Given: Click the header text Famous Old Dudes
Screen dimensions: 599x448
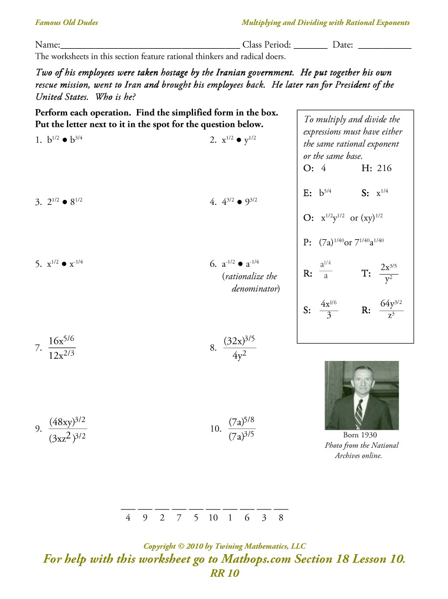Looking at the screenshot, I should (x=66, y=23).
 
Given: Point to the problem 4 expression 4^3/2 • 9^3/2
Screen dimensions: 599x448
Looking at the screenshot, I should (x=239, y=202).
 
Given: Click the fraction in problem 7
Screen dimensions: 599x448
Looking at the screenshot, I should (x=62, y=348).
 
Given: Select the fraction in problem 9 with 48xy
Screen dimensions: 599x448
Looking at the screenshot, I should (x=67, y=429).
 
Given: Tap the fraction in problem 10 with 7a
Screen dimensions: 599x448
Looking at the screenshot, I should (x=242, y=428).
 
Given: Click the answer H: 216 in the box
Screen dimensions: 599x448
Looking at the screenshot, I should (x=376, y=168).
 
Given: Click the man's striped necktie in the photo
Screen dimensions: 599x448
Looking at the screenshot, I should (x=359, y=413).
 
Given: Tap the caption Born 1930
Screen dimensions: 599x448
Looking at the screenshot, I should (x=361, y=435).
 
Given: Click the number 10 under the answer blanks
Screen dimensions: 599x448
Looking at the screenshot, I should (x=213, y=518).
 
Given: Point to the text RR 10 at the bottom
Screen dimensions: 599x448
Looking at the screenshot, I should (x=225, y=573).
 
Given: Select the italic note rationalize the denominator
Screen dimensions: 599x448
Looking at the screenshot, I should (x=251, y=282).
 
